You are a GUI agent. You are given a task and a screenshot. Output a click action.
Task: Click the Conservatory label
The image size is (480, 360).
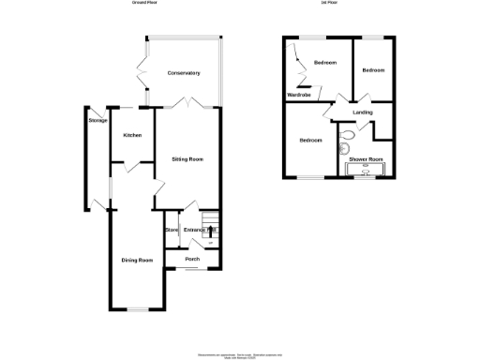[x=185, y=73]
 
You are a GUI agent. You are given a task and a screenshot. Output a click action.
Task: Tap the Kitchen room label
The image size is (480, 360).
[x=132, y=137]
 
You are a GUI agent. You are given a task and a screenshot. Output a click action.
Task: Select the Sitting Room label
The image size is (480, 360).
[x=187, y=159]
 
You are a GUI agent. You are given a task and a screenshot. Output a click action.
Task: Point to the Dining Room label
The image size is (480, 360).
[x=137, y=260]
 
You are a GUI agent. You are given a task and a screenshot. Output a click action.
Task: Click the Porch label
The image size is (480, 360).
[x=192, y=259]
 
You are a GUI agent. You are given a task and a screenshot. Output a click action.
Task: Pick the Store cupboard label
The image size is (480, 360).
[x=172, y=230]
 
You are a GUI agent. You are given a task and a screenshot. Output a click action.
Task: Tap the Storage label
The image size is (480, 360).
[x=97, y=121]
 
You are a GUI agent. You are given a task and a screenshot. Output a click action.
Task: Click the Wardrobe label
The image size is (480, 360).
[x=299, y=96]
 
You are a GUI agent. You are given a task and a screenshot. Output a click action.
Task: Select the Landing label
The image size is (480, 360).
[x=363, y=112]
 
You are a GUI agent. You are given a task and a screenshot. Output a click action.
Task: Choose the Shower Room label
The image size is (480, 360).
[x=366, y=160]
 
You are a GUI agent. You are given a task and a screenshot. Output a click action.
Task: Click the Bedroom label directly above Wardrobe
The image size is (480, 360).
[x=324, y=63]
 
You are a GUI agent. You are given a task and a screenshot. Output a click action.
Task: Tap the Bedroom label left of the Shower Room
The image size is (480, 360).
[x=311, y=141]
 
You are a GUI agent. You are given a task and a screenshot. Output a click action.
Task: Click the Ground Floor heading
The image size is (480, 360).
[x=145, y=4]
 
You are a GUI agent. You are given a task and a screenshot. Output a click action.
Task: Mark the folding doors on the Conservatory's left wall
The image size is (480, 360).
[x=142, y=70]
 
